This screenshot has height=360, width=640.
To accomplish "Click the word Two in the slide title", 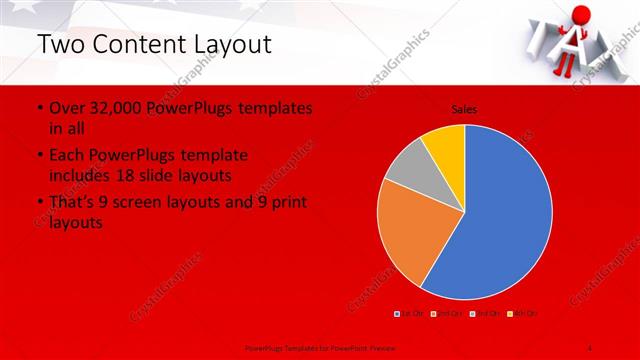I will point(59,46).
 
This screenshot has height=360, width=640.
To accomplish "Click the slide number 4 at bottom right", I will point(591,346).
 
